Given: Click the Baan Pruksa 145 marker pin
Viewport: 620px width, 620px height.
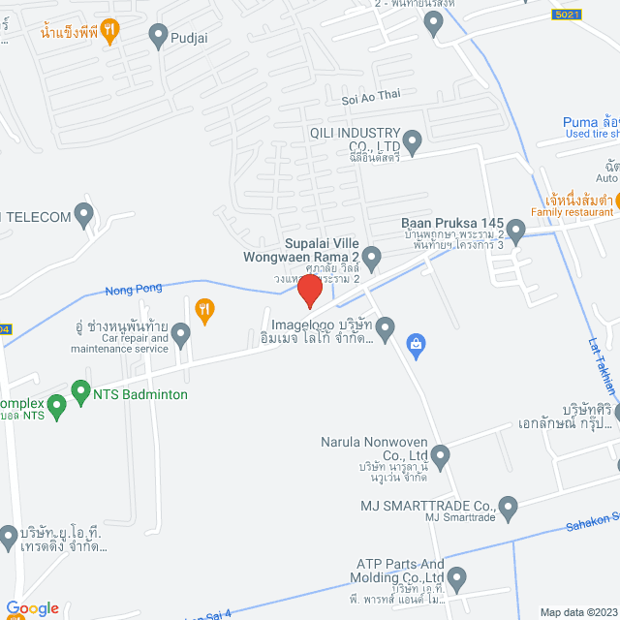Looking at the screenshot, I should pyautogui.click(x=515, y=232).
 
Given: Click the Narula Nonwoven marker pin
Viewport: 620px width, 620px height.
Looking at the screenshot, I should pyautogui.click(x=441, y=453).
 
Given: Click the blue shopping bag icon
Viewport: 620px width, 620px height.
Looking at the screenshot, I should pyautogui.click(x=416, y=343).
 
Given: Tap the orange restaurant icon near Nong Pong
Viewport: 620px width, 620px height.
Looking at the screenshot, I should pyautogui.click(x=203, y=310).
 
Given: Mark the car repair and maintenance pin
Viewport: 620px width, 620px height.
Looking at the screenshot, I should pyautogui.click(x=180, y=335).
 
